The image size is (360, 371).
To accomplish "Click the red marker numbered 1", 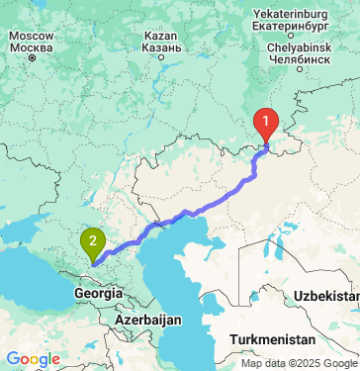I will [266, 124].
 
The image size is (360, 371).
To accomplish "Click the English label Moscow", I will [31, 35].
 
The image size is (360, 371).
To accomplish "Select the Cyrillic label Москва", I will [31, 47].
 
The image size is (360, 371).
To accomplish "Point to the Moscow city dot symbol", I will [31, 58].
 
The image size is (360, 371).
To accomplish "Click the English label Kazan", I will [161, 35].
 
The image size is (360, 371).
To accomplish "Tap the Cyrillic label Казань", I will [161, 47].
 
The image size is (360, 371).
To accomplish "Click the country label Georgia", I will [98, 294].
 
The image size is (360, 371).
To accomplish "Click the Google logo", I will [33, 359].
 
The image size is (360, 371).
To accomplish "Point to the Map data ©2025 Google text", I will [298, 363].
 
